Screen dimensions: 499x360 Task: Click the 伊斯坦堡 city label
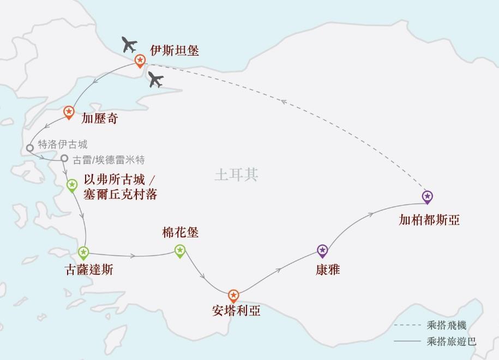(x=175, y=51)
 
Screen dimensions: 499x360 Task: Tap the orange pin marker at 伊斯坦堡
(x=140, y=61)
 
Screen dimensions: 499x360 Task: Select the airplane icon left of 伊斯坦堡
(x=129, y=44)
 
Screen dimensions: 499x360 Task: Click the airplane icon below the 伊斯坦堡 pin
(x=156, y=80)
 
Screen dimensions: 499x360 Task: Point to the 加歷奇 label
(x=99, y=118)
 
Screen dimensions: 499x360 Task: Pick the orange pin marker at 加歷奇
(x=69, y=112)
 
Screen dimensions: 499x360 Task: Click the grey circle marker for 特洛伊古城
(x=31, y=148)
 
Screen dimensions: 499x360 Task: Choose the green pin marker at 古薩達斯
(x=83, y=253)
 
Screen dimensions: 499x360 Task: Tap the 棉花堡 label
(x=181, y=233)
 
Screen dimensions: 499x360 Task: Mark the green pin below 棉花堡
(x=180, y=251)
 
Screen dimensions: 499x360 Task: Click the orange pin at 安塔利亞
(x=233, y=296)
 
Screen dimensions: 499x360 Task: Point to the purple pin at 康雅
(x=322, y=250)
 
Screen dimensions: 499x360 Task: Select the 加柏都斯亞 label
(x=429, y=220)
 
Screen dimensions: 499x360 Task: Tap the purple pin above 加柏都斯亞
(x=428, y=196)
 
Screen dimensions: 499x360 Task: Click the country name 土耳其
(x=236, y=175)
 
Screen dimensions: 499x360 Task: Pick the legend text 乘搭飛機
(x=447, y=326)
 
